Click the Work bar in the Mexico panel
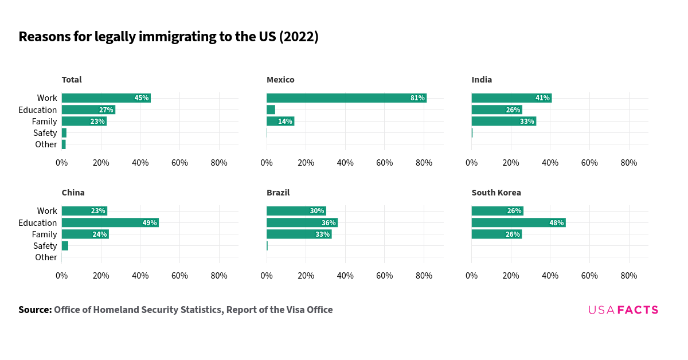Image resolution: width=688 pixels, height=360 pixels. tap(346, 98)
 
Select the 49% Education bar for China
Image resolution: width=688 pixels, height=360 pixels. tap(110, 222)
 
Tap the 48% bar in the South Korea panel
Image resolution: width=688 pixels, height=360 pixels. tap(518, 222)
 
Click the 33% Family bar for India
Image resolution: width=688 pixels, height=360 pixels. tap(503, 121)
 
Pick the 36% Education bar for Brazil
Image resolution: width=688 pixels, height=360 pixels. tap(302, 222)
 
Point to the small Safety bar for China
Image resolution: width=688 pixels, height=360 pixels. tap(65, 245)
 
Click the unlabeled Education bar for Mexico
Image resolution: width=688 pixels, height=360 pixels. tap(271, 109)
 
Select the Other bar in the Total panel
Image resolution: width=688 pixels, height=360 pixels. tap(64, 144)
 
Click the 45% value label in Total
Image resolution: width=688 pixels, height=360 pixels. tap(142, 98)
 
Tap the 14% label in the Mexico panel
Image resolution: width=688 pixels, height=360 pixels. tap(285, 121)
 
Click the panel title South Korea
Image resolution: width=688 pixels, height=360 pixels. tap(496, 193)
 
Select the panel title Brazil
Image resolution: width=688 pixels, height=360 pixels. tap(278, 193)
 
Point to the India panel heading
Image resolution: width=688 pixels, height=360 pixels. tap(482, 80)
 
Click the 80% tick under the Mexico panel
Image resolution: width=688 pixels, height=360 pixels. tap(424, 163)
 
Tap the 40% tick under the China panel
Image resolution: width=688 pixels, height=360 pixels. tap(140, 276)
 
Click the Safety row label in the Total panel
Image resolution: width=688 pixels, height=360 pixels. tap(45, 133)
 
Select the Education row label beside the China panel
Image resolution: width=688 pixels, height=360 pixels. tap(37, 222)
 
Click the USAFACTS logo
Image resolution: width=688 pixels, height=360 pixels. tap(623, 310)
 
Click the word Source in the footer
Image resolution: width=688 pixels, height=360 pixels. tap(35, 310)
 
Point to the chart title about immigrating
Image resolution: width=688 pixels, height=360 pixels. tap(169, 37)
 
